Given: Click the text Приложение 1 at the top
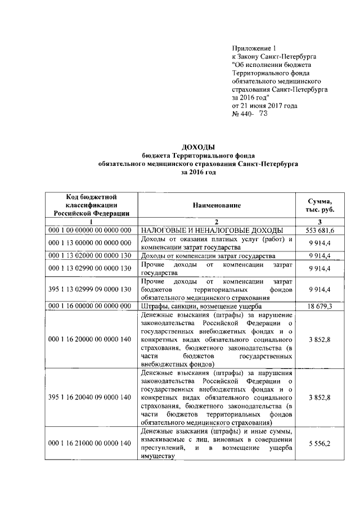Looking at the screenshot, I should (254, 49).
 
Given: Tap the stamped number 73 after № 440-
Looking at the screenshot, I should (262, 114).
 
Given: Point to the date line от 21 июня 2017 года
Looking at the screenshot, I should (265, 105).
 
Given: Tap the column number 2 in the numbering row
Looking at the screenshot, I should (215, 223).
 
